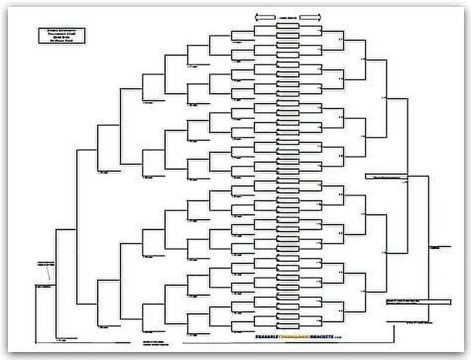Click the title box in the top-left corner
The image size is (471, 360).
pos(61,36)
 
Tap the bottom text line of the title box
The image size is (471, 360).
pos(61,41)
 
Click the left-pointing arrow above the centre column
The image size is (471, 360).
pos(265,17)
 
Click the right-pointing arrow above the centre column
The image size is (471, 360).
pos(310,17)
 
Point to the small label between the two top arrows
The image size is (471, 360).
pos(288,17)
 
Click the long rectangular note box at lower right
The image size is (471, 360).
pos(418,302)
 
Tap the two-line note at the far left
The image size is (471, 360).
pos(46,263)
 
